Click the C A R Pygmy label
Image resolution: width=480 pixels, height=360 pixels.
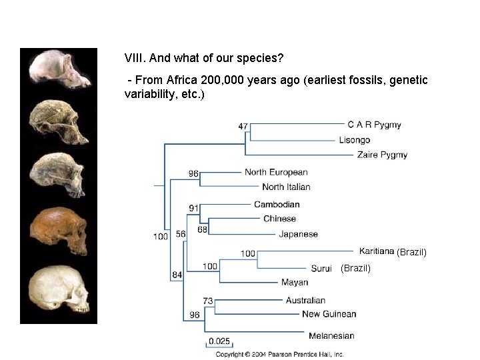[x=374, y=125]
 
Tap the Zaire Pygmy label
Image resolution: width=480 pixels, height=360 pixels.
[x=382, y=155]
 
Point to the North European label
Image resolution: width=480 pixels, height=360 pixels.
[x=275, y=172]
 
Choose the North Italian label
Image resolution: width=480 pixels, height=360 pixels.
[x=286, y=187]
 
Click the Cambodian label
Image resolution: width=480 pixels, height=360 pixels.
[x=277, y=204]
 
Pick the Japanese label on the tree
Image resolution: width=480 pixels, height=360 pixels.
[x=298, y=234]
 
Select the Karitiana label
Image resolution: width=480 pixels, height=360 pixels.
[x=376, y=251]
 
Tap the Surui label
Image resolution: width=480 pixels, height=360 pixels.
[x=321, y=269]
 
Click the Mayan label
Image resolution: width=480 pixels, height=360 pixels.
[x=294, y=283]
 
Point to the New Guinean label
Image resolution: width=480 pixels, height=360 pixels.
[x=329, y=314]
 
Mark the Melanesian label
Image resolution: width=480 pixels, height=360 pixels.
[x=331, y=335]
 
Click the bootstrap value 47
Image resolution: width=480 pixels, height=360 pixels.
[x=243, y=126]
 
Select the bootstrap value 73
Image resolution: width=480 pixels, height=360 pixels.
[x=208, y=301]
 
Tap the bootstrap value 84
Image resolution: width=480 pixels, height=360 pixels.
[x=177, y=275]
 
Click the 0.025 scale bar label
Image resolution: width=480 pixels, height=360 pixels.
[x=219, y=341]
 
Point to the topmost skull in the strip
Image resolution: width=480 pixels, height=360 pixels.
[x=58, y=69]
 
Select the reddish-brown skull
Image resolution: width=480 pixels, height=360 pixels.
[x=59, y=230]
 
